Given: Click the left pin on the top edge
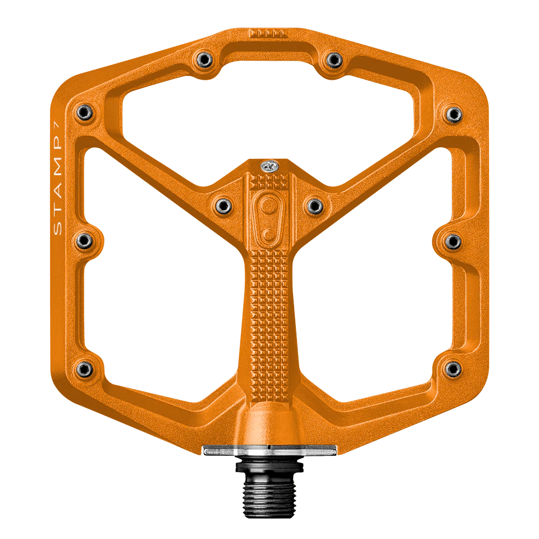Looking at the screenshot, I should tap(203, 59).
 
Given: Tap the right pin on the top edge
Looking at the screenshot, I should tap(334, 59).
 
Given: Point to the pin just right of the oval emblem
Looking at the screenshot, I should tap(315, 205).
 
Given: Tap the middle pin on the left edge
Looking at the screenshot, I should tap(84, 241).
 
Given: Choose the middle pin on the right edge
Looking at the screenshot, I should tap(453, 241).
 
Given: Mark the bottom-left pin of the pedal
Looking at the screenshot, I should tap(84, 368).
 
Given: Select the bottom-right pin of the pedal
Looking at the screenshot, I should tap(453, 368).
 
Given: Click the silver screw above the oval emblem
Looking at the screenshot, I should tap(269, 166).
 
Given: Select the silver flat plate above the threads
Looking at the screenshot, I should tap(269, 451).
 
